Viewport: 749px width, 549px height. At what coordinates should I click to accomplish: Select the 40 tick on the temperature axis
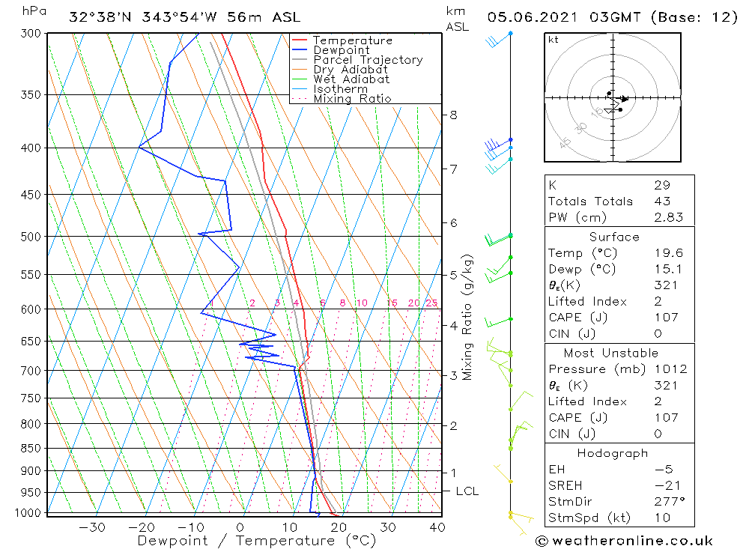tap(437, 527)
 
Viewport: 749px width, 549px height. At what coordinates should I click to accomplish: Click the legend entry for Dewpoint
tap(341, 50)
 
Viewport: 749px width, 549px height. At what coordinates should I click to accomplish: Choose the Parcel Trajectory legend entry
tap(368, 60)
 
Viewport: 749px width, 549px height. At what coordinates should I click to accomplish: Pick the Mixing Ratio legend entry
tap(352, 99)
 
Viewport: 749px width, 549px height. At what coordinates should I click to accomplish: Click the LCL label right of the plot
tap(467, 491)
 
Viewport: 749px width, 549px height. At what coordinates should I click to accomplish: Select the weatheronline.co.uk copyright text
tap(624, 541)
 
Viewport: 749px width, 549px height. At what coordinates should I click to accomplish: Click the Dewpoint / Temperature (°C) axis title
tap(256, 541)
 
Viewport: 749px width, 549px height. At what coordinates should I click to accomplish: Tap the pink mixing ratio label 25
tap(431, 303)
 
